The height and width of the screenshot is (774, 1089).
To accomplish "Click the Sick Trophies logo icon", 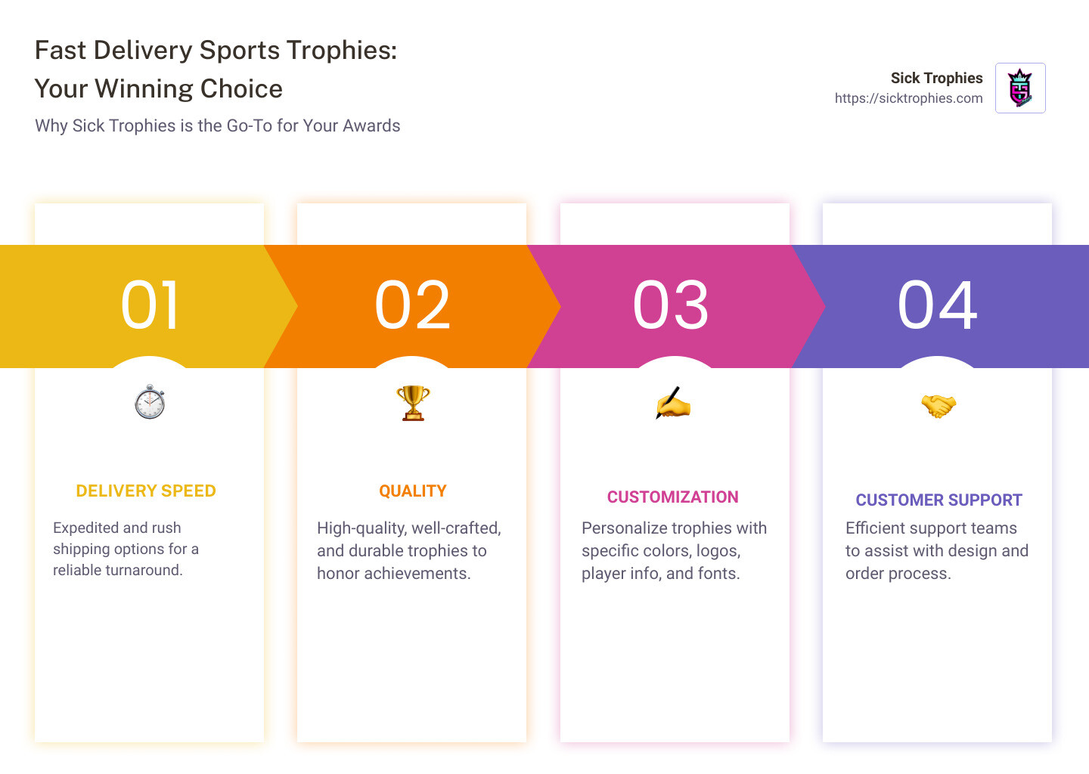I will [x=1020, y=88].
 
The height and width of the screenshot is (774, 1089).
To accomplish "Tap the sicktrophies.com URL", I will [x=908, y=98].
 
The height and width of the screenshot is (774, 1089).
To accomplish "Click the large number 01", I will [x=150, y=305].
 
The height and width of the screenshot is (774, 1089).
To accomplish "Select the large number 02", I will [x=412, y=305].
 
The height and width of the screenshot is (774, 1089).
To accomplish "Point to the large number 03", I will [x=671, y=305].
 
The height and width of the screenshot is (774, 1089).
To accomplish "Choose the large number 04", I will [x=937, y=305].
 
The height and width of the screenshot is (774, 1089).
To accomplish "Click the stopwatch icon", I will [x=150, y=401].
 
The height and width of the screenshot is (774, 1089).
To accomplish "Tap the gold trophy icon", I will [x=413, y=403].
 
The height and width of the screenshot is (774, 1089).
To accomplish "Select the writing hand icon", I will [x=673, y=404].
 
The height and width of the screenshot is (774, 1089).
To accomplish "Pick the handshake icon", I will [x=938, y=406].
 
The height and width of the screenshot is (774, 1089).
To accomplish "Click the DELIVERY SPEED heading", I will [x=146, y=491].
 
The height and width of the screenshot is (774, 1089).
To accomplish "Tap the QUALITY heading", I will [x=413, y=491].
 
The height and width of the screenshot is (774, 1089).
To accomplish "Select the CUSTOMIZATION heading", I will [x=672, y=497].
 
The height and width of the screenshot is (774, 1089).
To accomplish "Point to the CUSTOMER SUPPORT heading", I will [x=939, y=500].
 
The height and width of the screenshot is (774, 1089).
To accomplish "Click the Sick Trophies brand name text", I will [x=936, y=78].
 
